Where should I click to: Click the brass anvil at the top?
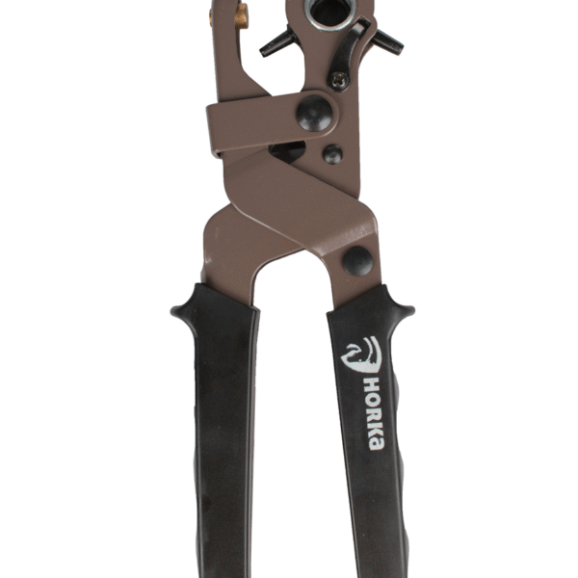pyautogui.click(x=242, y=16)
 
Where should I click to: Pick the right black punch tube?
pyautogui.click(x=388, y=42)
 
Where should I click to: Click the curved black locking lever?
pyautogui.click(x=347, y=49)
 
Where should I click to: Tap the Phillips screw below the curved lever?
pyautogui.click(x=339, y=81)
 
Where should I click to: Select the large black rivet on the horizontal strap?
pyautogui.click(x=314, y=113)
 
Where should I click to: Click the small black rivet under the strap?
pyautogui.click(x=332, y=154)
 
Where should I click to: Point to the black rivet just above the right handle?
pyautogui.click(x=357, y=261)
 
